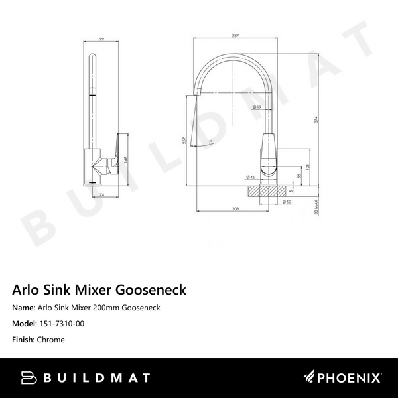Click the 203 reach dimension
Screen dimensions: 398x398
click(x=235, y=208)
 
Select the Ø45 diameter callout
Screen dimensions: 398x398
click(x=251, y=178)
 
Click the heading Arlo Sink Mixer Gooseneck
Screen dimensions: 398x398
click(x=99, y=289)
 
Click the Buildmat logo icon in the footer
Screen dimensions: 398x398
click(x=29, y=378)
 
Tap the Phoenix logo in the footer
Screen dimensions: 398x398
click(x=342, y=378)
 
